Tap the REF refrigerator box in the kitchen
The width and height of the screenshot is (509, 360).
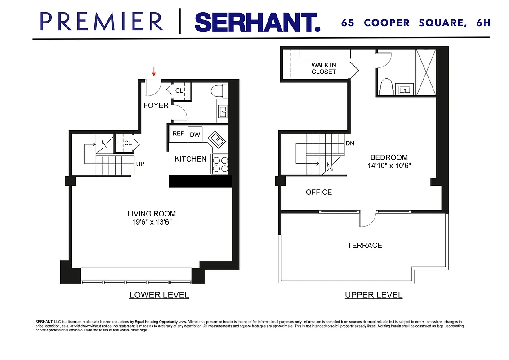coord(178,134)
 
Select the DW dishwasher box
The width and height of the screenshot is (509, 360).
coord(195,135)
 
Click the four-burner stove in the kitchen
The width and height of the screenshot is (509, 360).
coord(219,164)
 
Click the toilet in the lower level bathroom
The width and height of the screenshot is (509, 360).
coord(217,90)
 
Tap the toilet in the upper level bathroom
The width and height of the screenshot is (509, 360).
coord(386,86)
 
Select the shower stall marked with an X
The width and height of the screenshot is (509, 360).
coord(425,72)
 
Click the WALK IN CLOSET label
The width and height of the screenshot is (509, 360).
coord(324,68)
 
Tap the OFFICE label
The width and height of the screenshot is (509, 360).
coord(319,192)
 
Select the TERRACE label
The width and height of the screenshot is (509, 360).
coord(365,245)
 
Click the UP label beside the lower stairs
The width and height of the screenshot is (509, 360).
coord(140,164)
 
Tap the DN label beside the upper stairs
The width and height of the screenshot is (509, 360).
coord(350,144)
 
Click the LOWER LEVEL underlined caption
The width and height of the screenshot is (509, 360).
coord(159,295)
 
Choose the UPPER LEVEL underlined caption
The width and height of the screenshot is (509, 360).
coord(374,295)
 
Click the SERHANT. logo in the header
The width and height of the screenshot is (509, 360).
coord(257,22)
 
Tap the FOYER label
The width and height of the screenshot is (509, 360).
coord(156,105)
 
